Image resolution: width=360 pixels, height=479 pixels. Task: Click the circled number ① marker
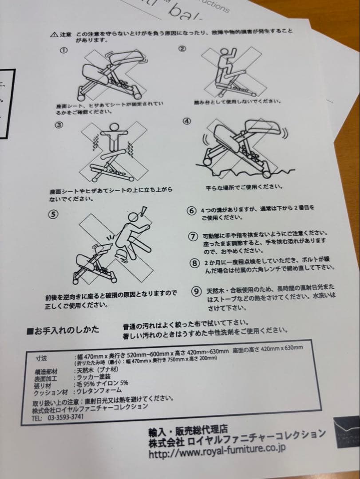tap(63, 51)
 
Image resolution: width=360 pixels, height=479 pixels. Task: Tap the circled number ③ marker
tap(59, 125)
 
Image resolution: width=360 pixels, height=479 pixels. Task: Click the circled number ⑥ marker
tap(192, 211)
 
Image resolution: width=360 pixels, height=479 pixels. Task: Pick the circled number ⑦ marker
tap(193, 237)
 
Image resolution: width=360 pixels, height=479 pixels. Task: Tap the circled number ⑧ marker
tap(194, 263)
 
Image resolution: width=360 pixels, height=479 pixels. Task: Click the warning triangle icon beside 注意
tap(54, 35)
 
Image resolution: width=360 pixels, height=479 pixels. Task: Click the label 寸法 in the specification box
tap(41, 358)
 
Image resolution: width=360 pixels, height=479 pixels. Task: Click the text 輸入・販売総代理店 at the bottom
tap(188, 430)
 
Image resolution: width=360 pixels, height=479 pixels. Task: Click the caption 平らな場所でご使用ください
tap(244, 187)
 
